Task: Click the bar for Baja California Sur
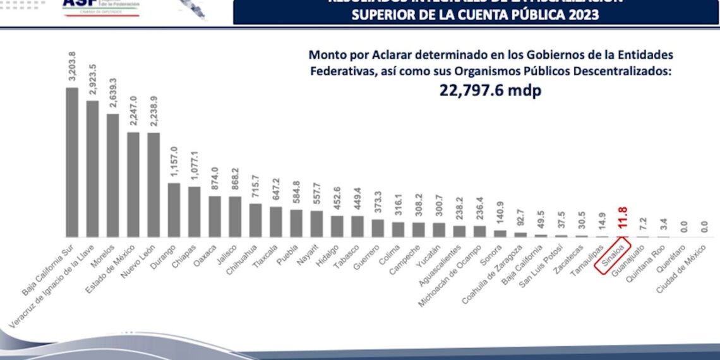72,162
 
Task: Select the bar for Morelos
112,175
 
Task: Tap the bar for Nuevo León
153,184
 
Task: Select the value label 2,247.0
133,112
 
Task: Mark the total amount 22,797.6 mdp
490,90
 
